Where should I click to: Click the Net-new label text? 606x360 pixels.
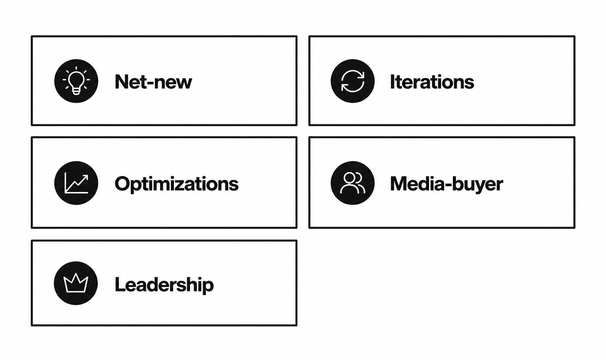click(x=153, y=82)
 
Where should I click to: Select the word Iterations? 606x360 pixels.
click(x=432, y=82)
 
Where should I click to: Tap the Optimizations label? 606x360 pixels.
click(x=177, y=184)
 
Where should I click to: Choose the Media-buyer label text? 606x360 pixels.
click(x=446, y=184)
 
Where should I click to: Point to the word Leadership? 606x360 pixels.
click(x=164, y=284)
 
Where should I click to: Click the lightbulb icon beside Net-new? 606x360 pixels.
click(x=76, y=81)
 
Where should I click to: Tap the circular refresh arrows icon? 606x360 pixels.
click(x=352, y=81)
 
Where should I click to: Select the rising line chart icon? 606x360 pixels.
click(x=76, y=183)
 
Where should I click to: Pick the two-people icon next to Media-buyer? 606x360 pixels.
click(x=352, y=183)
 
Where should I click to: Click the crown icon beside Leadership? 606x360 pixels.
click(x=76, y=283)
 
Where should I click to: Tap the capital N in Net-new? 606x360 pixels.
click(x=122, y=82)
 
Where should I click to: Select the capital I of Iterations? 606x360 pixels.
click(x=392, y=82)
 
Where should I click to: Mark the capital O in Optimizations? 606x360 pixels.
click(x=123, y=184)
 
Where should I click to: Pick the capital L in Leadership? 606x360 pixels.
click(x=120, y=284)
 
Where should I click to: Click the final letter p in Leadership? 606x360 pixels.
click(x=208, y=287)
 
